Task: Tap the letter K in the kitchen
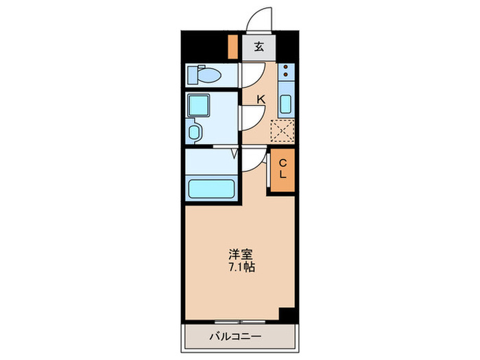[260, 99]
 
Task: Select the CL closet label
[281, 168]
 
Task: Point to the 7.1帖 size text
[241, 267]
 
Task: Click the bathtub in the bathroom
[211, 188]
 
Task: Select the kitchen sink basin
[287, 105]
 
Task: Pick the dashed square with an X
[282, 130]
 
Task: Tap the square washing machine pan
[202, 105]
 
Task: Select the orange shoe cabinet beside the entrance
[232, 47]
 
